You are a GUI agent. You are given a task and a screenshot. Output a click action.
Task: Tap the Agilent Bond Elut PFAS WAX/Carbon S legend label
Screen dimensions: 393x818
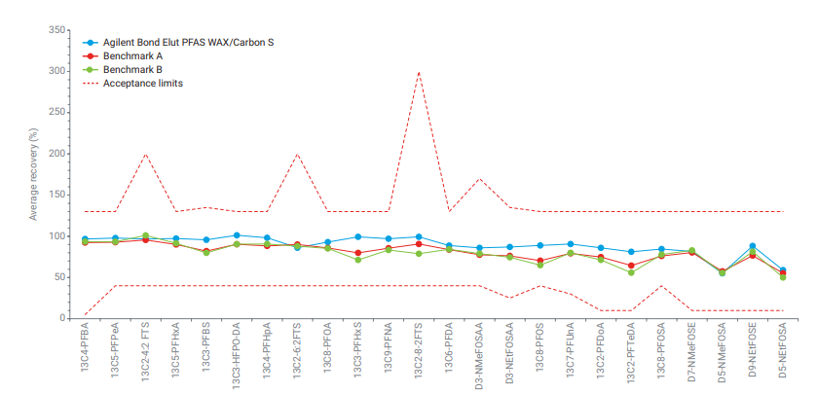click(184, 43)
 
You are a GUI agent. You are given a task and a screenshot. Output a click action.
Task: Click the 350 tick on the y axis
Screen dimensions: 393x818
click(59, 31)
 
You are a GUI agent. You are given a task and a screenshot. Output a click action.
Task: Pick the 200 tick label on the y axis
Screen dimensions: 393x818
click(59, 154)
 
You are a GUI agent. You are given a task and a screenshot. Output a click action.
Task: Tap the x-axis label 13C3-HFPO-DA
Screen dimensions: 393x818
click(238, 359)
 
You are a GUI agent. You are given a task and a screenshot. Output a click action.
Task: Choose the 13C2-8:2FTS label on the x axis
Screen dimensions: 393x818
click(419, 355)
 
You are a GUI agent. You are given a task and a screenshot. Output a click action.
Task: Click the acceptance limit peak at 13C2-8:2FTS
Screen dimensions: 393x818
click(419, 72)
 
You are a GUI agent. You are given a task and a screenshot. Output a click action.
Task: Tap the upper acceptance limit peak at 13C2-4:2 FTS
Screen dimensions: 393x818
click(146, 154)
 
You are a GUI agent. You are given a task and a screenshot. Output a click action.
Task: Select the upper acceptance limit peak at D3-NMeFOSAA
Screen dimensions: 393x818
click(479, 179)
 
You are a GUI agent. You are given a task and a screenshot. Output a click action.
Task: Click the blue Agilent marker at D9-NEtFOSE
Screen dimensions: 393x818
click(753, 246)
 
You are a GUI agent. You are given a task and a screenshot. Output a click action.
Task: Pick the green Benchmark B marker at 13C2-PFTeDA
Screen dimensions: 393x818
click(632, 272)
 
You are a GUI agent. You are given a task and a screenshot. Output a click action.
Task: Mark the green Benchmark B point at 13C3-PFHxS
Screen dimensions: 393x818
click(358, 260)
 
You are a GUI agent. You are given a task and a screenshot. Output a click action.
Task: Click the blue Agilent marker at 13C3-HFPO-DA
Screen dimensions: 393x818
click(237, 235)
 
